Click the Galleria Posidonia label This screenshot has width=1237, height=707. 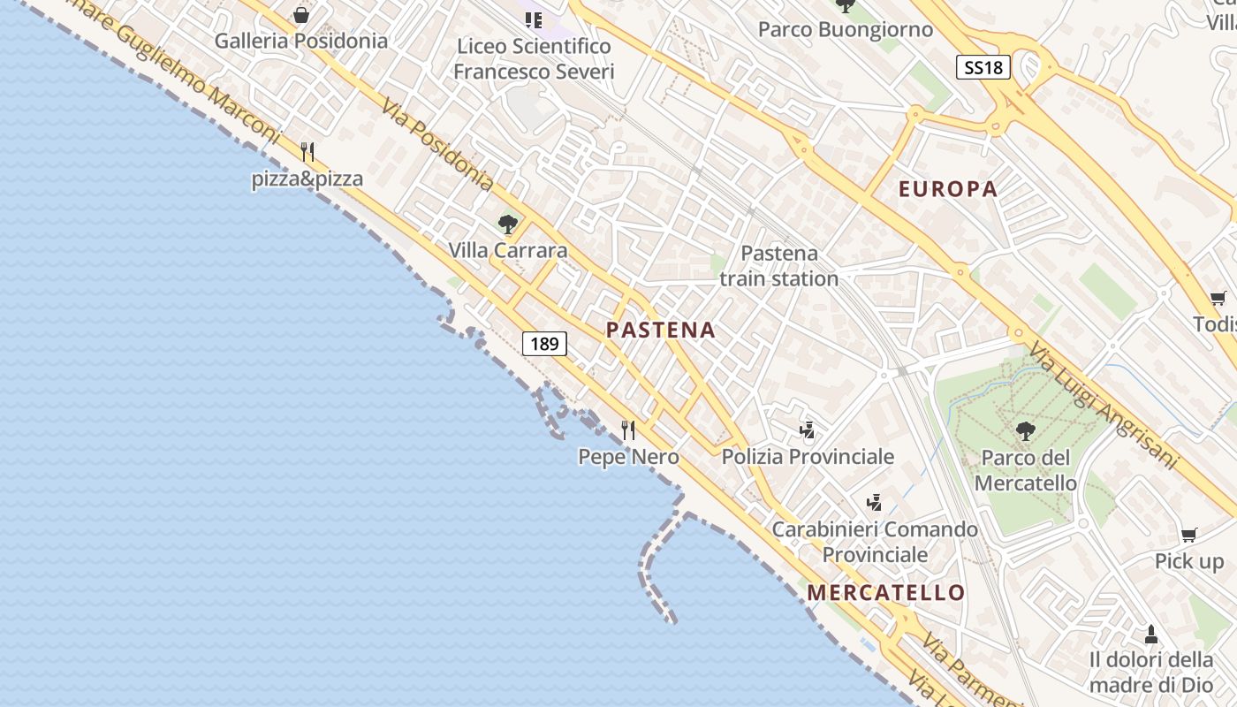coord(301,41)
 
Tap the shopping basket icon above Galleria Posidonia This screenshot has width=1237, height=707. coord(301,15)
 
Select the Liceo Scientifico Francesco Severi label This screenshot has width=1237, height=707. coord(533,58)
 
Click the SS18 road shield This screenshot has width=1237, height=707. coord(983,67)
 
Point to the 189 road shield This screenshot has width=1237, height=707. coord(544,343)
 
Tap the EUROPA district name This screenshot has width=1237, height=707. coord(948,189)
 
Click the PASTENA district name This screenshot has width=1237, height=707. coord(661,331)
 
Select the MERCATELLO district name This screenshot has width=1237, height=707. coord(885,592)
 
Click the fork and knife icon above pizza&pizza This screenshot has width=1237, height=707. coord(307,152)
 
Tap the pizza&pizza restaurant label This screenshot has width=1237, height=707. coord(307,179)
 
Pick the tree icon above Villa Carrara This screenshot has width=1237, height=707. coord(507,224)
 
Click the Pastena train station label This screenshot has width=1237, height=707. coord(778,266)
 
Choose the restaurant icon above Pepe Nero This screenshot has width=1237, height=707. coord(628,430)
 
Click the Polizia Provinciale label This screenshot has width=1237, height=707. coord(808,457)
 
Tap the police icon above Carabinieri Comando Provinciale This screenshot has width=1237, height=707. coord(874,503)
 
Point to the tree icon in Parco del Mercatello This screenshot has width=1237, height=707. coord(1025,431)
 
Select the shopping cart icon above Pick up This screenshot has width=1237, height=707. coord(1189,535)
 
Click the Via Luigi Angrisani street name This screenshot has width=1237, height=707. coord(1104,406)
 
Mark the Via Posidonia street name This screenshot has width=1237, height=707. coord(436,145)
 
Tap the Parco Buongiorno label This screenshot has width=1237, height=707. coord(846,30)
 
